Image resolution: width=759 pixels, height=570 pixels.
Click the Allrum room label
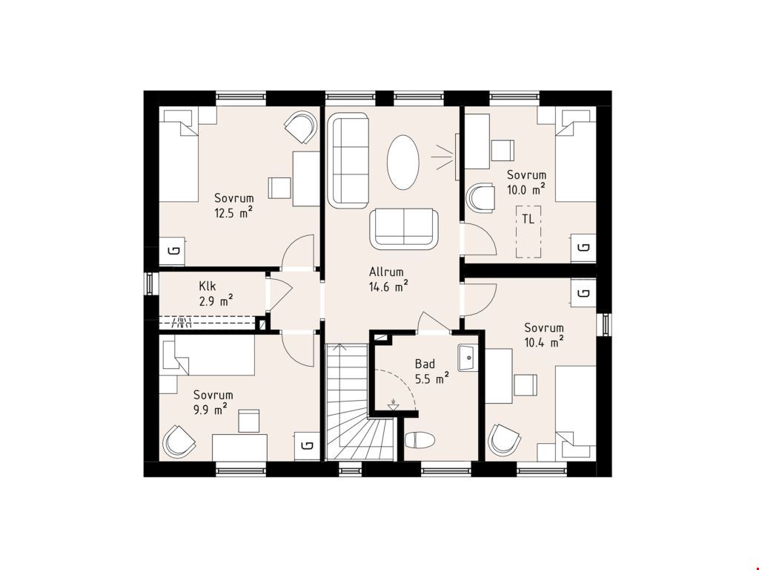(x=385, y=272)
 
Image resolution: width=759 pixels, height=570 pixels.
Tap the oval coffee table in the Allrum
(x=402, y=163)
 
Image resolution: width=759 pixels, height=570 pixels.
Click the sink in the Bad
(x=468, y=358)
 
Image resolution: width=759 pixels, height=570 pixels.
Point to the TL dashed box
(x=528, y=232)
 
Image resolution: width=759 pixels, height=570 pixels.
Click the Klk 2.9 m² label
(x=216, y=294)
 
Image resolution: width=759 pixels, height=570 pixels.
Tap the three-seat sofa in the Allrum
(x=348, y=160)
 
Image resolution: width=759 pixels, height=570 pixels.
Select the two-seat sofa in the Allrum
(x=404, y=229)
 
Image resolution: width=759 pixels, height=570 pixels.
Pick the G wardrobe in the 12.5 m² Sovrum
(x=172, y=251)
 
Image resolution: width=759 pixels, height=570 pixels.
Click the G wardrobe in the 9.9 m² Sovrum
(x=307, y=446)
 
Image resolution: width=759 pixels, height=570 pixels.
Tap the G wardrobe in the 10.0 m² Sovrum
(x=584, y=248)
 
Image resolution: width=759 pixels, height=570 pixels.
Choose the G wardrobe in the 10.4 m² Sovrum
(x=584, y=292)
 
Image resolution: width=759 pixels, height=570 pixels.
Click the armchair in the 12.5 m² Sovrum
(x=300, y=127)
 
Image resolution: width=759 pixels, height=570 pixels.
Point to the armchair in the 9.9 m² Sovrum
(x=179, y=442)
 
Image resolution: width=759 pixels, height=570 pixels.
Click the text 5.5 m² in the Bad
(x=432, y=379)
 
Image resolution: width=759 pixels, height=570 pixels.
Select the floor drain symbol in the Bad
(x=393, y=405)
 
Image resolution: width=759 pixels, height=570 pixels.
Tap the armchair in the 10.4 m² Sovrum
(x=504, y=439)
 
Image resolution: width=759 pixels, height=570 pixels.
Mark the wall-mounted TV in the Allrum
(x=457, y=157)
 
